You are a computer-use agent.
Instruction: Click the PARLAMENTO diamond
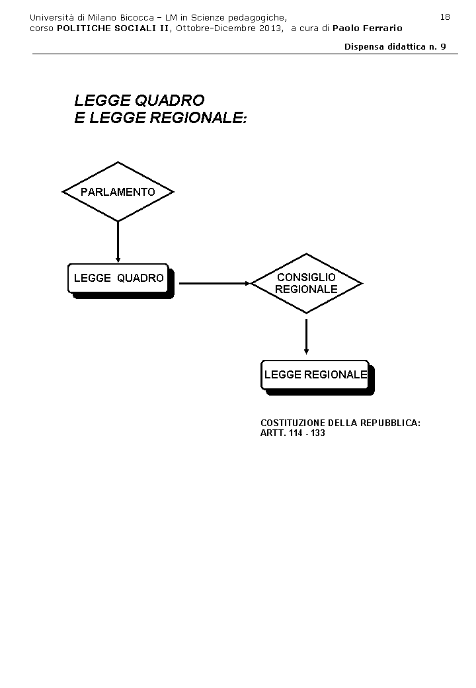[x=118, y=192]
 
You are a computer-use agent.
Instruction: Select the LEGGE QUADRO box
[x=118, y=278]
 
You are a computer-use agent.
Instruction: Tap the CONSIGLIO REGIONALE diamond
[x=306, y=283]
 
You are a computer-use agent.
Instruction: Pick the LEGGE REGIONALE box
[x=315, y=374]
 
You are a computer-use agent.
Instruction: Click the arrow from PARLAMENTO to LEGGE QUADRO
[x=118, y=241]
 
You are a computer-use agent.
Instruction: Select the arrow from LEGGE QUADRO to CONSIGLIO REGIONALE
[x=214, y=283]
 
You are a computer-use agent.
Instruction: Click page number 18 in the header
[x=445, y=17]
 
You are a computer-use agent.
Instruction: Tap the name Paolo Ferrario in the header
[x=367, y=28]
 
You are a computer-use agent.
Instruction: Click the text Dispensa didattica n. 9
[x=395, y=46]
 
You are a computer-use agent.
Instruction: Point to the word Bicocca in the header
[x=136, y=17]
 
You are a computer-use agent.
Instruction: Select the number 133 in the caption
[x=317, y=433]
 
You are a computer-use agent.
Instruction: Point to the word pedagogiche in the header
[x=262, y=17]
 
